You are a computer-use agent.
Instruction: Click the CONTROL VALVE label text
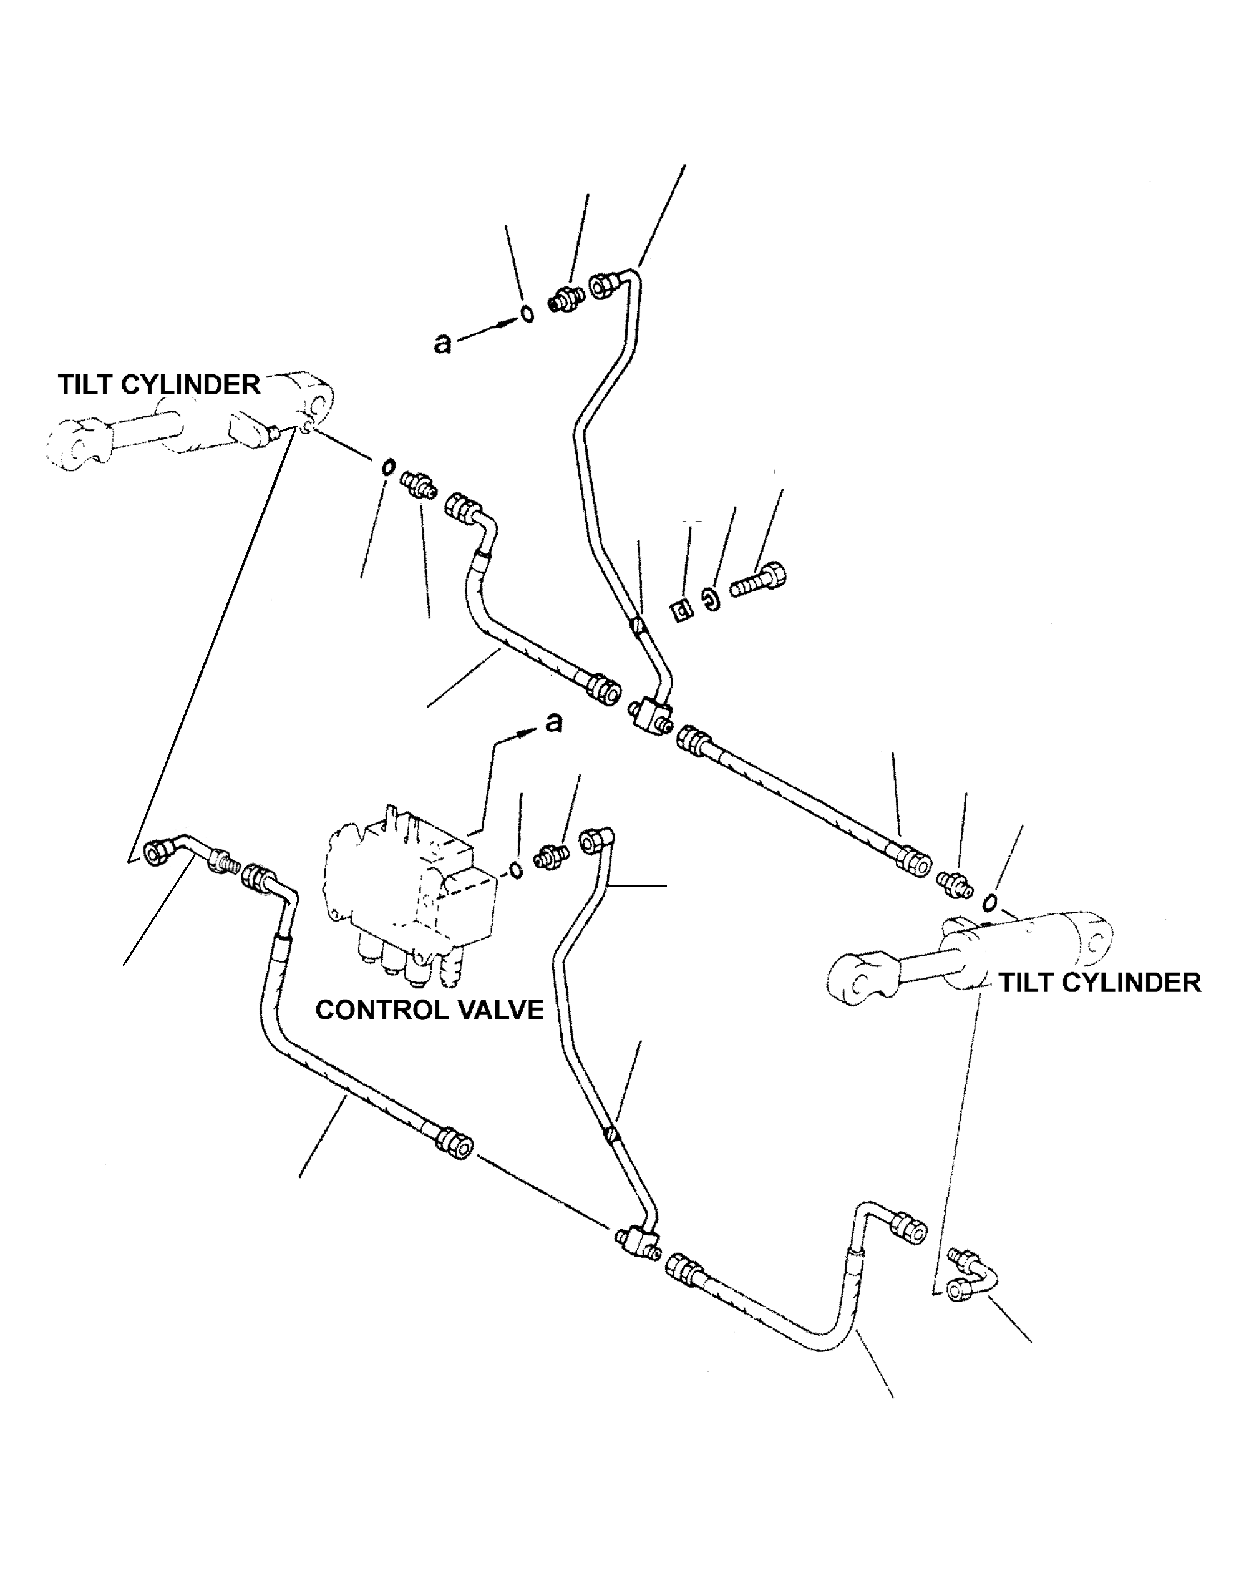tap(429, 1010)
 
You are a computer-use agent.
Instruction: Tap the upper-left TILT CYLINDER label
tap(159, 385)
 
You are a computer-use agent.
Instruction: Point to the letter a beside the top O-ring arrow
tap(442, 343)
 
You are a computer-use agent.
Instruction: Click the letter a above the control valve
tap(553, 723)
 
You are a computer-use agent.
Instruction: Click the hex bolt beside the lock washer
tap(759, 578)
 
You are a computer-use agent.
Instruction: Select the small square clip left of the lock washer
tap(683, 609)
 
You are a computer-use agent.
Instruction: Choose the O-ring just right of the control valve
tap(516, 869)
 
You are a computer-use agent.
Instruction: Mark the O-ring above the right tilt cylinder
tap(989, 902)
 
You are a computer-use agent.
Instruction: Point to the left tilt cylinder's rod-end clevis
tap(77, 444)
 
